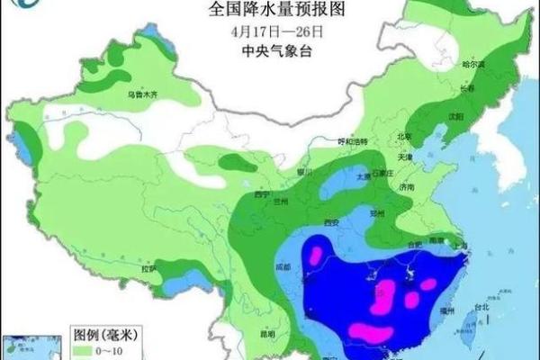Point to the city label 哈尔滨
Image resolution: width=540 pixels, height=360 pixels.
click(x=473, y=65)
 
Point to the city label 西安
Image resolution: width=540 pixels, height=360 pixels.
click(x=330, y=221)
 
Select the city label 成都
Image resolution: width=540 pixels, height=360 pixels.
click(x=284, y=266)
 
